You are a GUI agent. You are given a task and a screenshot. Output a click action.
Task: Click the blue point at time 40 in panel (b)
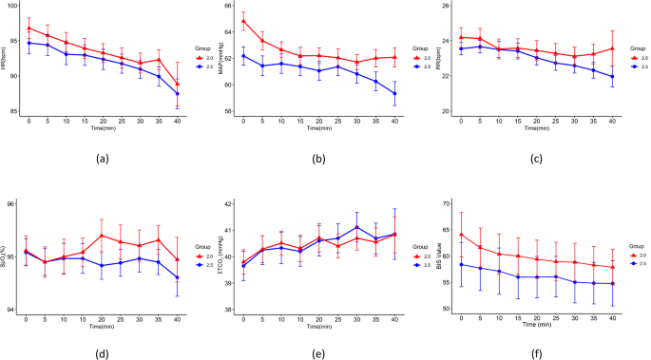click(x=394, y=93)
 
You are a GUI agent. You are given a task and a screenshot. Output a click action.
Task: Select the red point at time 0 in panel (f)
click(x=460, y=235)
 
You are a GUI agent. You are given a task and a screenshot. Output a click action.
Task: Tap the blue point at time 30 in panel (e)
click(x=356, y=227)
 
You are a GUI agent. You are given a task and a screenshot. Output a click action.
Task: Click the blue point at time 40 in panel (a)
click(x=178, y=94)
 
